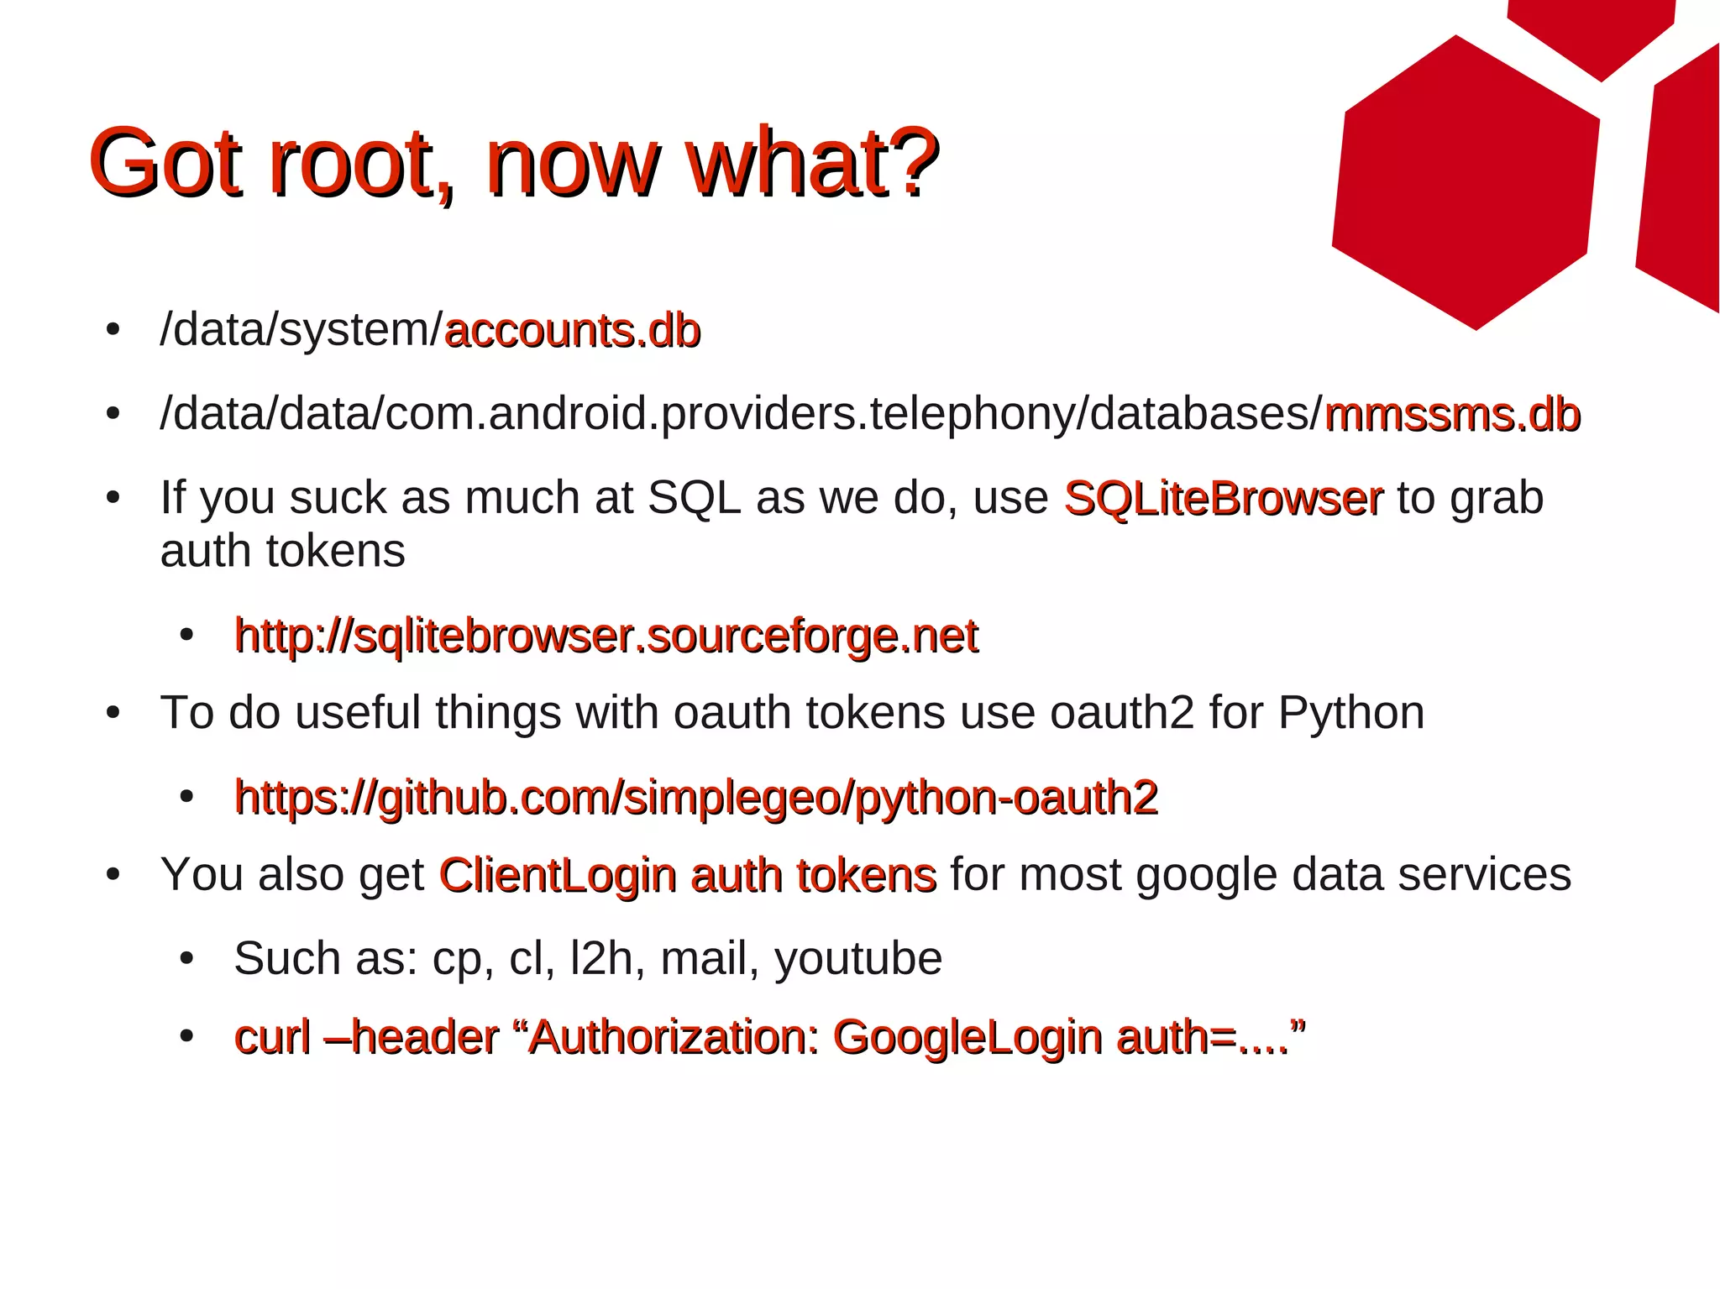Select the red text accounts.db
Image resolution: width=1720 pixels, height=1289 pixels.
[572, 330]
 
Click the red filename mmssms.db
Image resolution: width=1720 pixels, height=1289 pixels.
[1452, 414]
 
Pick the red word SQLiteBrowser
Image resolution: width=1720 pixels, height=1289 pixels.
[1223, 498]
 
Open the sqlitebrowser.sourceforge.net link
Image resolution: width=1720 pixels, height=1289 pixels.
[606, 636]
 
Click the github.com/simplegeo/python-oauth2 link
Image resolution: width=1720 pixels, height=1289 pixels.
[696, 797]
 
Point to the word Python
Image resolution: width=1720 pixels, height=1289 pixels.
[1350, 713]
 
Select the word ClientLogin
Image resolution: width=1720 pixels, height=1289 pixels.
[558, 875]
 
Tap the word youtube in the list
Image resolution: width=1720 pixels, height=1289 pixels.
[858, 959]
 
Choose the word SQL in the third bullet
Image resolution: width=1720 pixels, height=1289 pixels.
[694, 498]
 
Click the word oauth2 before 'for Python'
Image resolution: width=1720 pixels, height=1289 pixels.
[1121, 713]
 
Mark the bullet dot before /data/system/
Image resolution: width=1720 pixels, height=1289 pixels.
[113, 330]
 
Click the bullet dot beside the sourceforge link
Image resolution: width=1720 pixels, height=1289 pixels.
[186, 636]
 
